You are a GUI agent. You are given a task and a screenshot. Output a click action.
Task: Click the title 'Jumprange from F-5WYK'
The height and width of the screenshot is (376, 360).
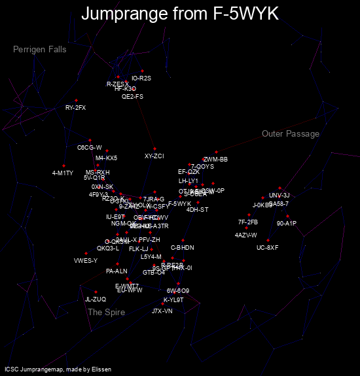pyautogui.click(x=180, y=13)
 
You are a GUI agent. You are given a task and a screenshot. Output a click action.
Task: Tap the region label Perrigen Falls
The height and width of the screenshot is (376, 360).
pyautogui.click(x=39, y=50)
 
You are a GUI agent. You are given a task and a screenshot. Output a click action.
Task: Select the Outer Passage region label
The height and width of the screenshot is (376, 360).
pyautogui.click(x=291, y=134)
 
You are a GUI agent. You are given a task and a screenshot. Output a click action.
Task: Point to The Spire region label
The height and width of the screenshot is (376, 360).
pyautogui.click(x=106, y=313)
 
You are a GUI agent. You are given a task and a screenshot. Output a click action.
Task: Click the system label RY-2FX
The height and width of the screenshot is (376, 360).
pyautogui.click(x=75, y=108)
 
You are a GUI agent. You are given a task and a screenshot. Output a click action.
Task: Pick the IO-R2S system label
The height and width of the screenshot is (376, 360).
pyautogui.click(x=141, y=78)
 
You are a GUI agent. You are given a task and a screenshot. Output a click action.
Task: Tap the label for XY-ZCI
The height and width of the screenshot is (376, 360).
pyautogui.click(x=154, y=156)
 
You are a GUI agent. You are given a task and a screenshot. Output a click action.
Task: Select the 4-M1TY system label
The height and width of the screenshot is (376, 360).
pyautogui.click(x=63, y=173)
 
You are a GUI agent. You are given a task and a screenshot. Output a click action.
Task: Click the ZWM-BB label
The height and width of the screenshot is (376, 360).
pyautogui.click(x=215, y=160)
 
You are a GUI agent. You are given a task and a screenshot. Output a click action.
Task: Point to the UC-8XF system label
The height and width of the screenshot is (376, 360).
pyautogui.click(x=268, y=248)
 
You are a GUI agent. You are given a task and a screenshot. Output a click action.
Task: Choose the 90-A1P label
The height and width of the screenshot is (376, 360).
pyautogui.click(x=287, y=224)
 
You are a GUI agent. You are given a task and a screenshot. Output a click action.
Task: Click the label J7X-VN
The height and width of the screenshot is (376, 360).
pyautogui.click(x=162, y=311)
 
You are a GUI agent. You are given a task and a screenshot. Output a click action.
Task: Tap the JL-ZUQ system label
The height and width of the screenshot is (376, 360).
pyautogui.click(x=96, y=299)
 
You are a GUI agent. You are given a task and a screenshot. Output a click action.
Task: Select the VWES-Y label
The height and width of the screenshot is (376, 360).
pyautogui.click(x=86, y=261)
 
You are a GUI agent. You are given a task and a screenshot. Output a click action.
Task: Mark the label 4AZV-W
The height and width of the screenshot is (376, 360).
pyautogui.click(x=246, y=235)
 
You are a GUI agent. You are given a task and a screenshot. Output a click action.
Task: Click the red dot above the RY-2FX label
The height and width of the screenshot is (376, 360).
pyautogui.click(x=76, y=100)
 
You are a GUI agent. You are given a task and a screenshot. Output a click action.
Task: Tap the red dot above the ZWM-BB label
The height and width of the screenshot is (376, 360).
pyautogui.click(x=216, y=152)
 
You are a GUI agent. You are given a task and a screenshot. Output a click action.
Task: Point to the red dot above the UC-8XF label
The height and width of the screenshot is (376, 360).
pyautogui.click(x=268, y=240)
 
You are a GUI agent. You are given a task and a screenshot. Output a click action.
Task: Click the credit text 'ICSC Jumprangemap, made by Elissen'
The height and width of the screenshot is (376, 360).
pyautogui.click(x=58, y=369)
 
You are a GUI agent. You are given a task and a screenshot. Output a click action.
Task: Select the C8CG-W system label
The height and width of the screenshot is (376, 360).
pyautogui.click(x=90, y=148)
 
